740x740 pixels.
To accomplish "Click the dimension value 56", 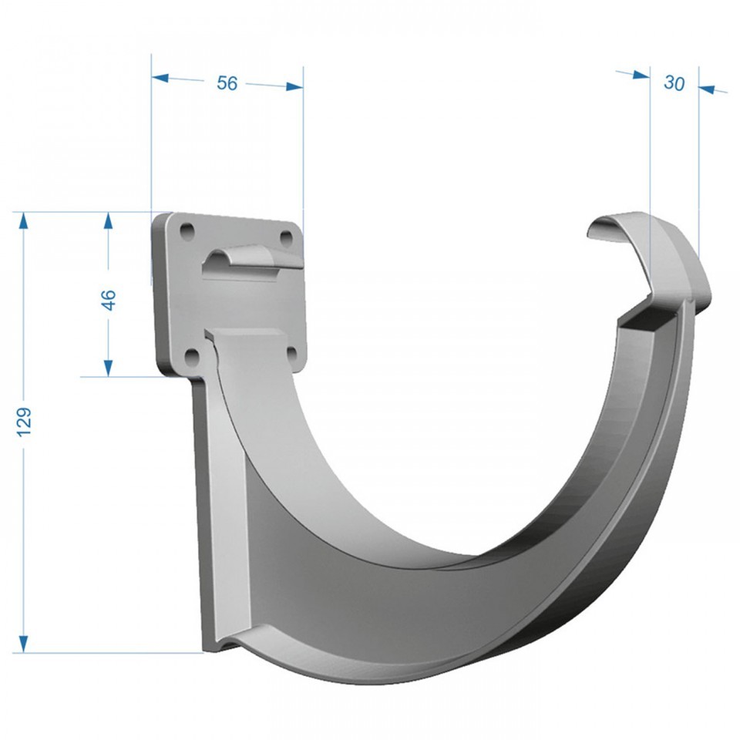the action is click(227, 83).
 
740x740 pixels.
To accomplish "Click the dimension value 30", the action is click(674, 83).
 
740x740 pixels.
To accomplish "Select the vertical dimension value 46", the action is click(109, 300).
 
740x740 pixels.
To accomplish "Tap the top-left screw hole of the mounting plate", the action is click(187, 230).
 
